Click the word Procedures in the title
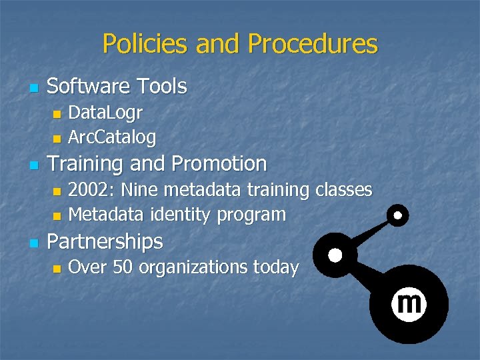coord(312,44)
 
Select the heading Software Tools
coord(117,86)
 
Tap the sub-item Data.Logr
coord(105,112)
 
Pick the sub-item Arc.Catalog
coord(112,137)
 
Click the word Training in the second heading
coord(87,163)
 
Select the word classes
coord(343,189)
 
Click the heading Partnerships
coord(105,241)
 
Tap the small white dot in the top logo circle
coord(398,215)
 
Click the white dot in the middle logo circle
coord(335,255)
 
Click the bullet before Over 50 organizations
coord(57,268)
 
